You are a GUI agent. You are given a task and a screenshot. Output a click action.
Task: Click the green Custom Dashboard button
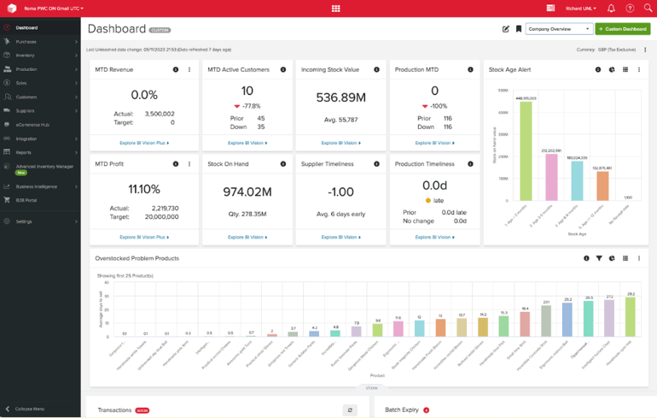pos(622,29)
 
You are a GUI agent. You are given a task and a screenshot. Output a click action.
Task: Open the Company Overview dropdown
pos(559,29)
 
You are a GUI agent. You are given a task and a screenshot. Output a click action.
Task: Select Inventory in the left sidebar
pos(26,55)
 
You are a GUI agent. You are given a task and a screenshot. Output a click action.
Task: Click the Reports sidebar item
pos(23,152)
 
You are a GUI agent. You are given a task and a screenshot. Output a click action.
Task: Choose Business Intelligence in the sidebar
pos(36,186)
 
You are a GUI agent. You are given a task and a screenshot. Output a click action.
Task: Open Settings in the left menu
pos(24,221)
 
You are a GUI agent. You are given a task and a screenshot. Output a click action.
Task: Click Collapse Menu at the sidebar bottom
pos(30,409)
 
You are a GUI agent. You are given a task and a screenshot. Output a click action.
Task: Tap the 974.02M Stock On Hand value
pos(247,191)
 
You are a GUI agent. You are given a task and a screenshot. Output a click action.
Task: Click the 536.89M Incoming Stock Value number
pos(340,98)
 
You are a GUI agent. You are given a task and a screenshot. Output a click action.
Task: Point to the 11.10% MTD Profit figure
pos(143,189)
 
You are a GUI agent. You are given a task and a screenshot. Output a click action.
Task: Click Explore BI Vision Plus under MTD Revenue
pos(143,143)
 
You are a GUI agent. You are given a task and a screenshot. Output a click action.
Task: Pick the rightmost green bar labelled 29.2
pos(631,316)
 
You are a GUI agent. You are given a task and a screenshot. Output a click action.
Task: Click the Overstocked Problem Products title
pos(137,258)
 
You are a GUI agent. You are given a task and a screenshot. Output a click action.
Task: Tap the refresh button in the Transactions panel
pos(349,410)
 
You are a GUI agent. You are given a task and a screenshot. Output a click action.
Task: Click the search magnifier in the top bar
pos(648,8)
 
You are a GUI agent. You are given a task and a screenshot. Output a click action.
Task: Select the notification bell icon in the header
pos(611,8)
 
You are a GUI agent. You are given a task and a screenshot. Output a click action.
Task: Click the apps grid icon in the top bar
pos(335,8)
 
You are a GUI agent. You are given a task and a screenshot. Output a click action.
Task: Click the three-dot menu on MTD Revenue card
pos(189,69)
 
